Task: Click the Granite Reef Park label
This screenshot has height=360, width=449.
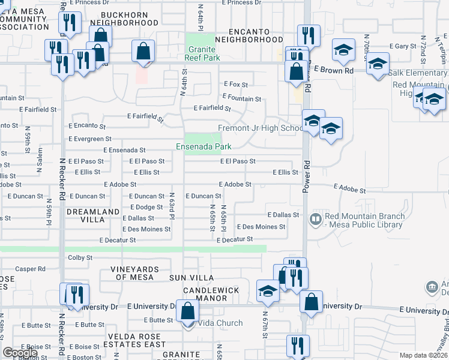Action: [203, 53]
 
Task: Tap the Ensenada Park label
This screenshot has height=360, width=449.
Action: [203, 146]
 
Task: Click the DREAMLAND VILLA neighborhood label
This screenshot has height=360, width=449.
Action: [93, 216]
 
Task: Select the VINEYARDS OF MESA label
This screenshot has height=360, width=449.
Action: [138, 273]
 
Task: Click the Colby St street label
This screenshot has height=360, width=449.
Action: [80, 257]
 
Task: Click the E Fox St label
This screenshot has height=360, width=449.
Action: [235, 85]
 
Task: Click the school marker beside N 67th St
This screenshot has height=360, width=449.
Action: [267, 291]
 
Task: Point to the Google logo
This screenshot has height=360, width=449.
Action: [20, 353]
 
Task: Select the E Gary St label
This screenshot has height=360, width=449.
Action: [403, 46]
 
